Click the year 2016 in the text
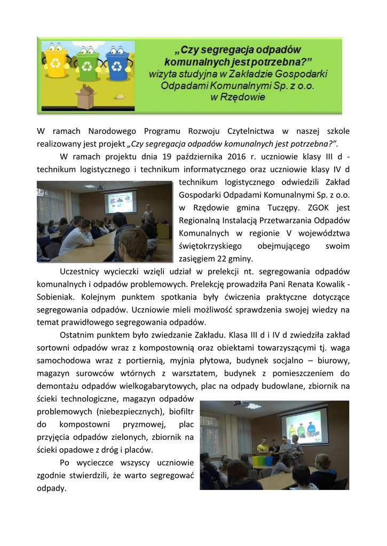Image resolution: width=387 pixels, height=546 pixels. pyautogui.click(x=236, y=157)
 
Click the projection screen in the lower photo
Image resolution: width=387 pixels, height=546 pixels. pyautogui.click(x=304, y=427)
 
